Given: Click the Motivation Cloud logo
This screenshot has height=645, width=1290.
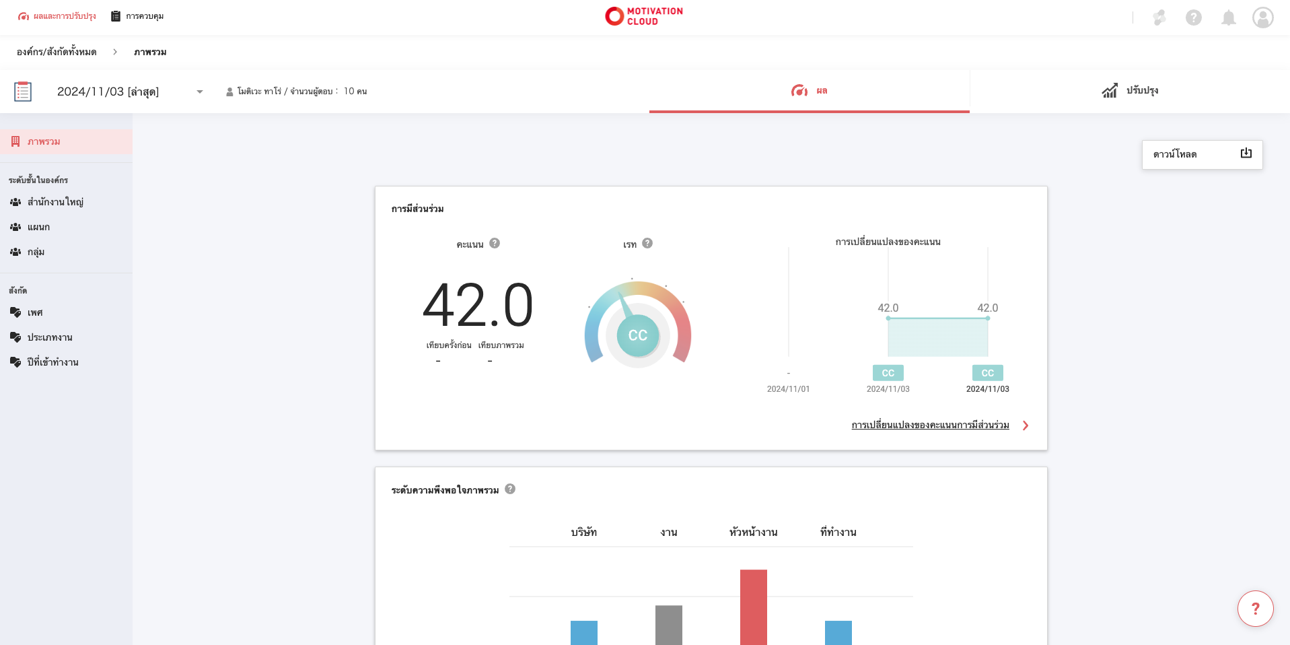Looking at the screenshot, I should pyautogui.click(x=644, y=16).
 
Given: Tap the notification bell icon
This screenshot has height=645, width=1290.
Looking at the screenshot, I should pyautogui.click(x=1228, y=18).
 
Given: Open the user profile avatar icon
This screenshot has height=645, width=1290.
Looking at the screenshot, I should pyautogui.click(x=1262, y=18).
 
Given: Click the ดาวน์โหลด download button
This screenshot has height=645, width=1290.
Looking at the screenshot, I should pyautogui.click(x=1202, y=155).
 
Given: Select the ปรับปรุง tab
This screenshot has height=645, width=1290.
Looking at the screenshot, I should pyautogui.click(x=1130, y=91).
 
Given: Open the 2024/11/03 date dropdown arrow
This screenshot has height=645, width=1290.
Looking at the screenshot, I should pyautogui.click(x=200, y=92).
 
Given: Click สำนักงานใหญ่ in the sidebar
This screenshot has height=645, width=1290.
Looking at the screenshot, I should pyautogui.click(x=55, y=202).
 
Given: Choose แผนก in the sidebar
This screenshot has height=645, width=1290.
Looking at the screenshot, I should pyautogui.click(x=38, y=227).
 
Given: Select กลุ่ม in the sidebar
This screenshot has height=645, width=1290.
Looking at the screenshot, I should pyautogui.click(x=36, y=252).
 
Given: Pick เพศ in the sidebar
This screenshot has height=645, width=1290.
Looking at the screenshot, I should pyautogui.click(x=35, y=312).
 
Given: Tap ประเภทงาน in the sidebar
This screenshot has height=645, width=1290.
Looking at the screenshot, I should pyautogui.click(x=50, y=337).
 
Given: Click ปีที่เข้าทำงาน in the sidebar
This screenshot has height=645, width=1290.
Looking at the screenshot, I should pyautogui.click(x=52, y=362).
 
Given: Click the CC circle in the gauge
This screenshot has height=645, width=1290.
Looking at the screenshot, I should pyautogui.click(x=637, y=335).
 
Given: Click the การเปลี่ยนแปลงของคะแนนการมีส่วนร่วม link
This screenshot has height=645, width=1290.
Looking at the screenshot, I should pyautogui.click(x=930, y=426).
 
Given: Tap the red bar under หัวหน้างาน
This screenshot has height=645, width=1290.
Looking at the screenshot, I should pyautogui.click(x=753, y=606).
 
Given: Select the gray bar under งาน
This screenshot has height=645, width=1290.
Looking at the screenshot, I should pyautogui.click(x=668, y=624).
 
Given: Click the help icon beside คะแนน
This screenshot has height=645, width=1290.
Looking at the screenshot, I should pyautogui.click(x=495, y=244).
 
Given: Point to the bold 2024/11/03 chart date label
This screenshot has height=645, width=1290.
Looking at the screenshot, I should pyautogui.click(x=987, y=389).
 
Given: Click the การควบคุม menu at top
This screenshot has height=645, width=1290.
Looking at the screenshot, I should pyautogui.click(x=138, y=16).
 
